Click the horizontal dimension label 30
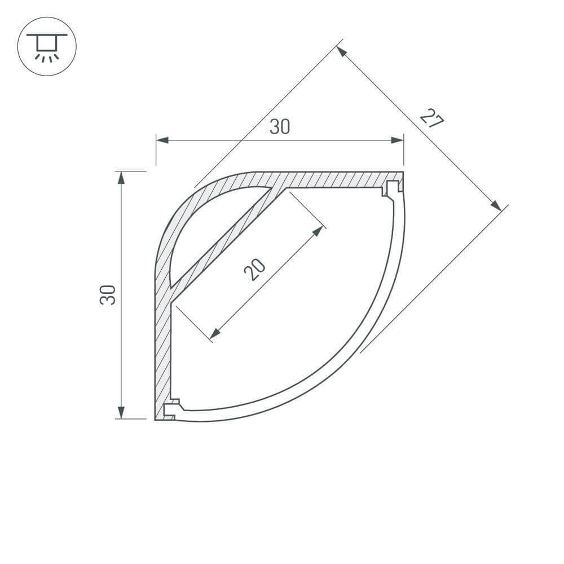[x=279, y=127]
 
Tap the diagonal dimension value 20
[x=254, y=268]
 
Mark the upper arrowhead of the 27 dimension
[x=342, y=51]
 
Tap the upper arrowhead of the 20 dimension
[x=320, y=231]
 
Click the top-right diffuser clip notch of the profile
[x=391, y=188]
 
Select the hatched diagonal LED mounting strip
[x=226, y=240]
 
